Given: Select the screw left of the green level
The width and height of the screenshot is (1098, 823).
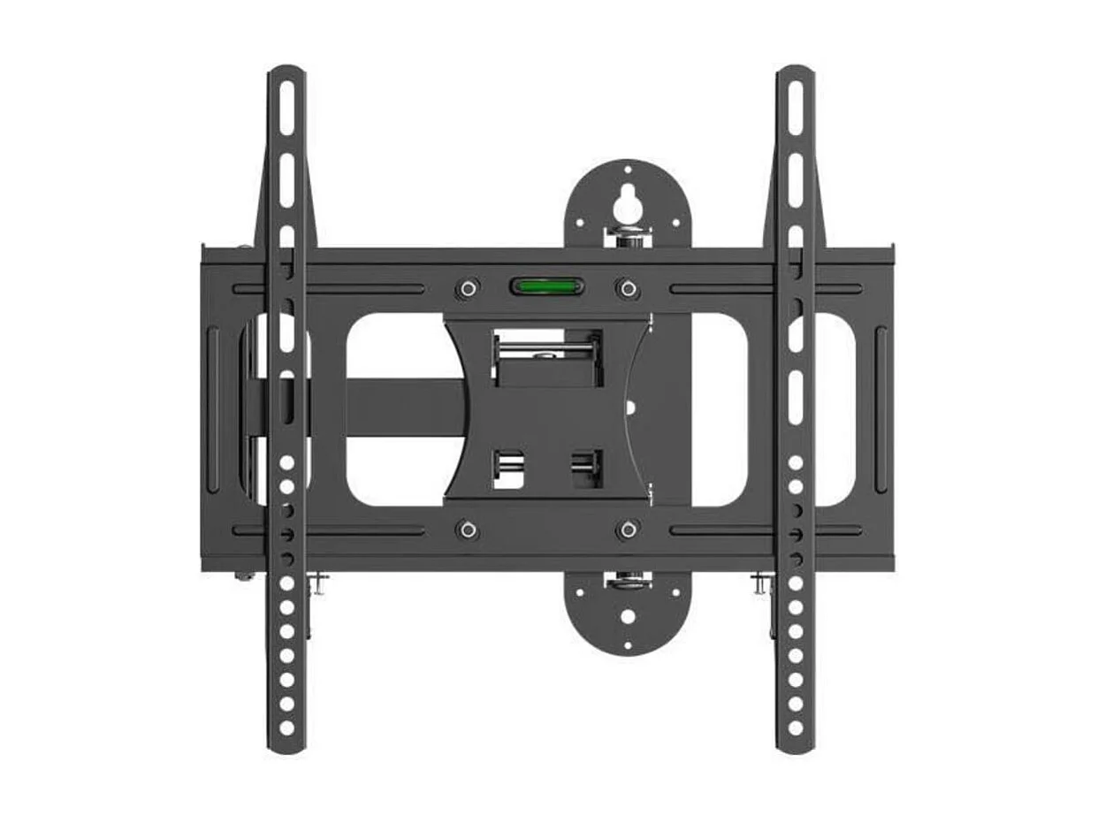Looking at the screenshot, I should pos(468,288).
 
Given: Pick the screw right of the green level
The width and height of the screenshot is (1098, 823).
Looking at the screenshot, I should pos(627,288).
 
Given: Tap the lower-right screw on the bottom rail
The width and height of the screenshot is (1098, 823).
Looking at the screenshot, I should pos(627,530).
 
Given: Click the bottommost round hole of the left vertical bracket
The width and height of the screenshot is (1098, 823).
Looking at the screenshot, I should pos(286,727).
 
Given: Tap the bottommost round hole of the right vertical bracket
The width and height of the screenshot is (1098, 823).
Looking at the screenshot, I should pos(795,727).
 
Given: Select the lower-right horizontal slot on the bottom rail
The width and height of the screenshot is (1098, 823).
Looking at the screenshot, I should pos(765,530).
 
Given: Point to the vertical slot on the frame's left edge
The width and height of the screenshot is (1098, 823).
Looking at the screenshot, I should pos(212,408).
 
